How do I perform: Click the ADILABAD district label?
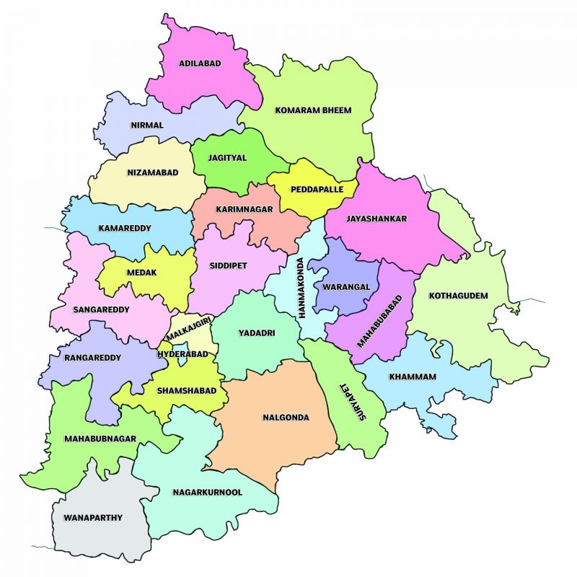click(x=200, y=63)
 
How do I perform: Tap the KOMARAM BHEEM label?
click(x=313, y=110)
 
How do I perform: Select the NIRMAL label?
click(x=147, y=125)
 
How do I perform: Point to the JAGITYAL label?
click(x=227, y=157)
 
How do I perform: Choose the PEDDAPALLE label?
click(x=313, y=190)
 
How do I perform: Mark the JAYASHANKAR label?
click(x=376, y=219)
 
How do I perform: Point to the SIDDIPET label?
click(x=228, y=265)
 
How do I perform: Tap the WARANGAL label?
click(x=346, y=286)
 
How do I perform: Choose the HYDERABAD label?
click(x=182, y=354)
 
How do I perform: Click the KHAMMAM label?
click(x=413, y=377)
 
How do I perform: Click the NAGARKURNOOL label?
click(x=207, y=492)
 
